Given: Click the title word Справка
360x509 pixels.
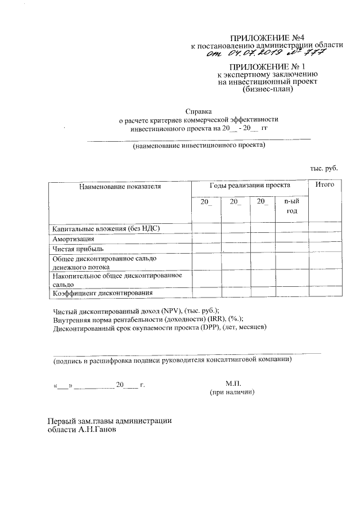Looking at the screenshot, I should (x=199, y=111).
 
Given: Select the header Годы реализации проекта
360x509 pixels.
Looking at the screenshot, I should (x=250, y=185).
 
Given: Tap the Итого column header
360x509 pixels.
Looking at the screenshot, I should (x=325, y=185).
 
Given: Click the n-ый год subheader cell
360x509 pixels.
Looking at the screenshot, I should (x=291, y=206).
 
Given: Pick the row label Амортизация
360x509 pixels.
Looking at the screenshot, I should (x=73, y=238).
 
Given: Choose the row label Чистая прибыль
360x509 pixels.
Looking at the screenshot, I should (x=78, y=248).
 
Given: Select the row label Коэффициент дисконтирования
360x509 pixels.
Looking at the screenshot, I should (x=102, y=292).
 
